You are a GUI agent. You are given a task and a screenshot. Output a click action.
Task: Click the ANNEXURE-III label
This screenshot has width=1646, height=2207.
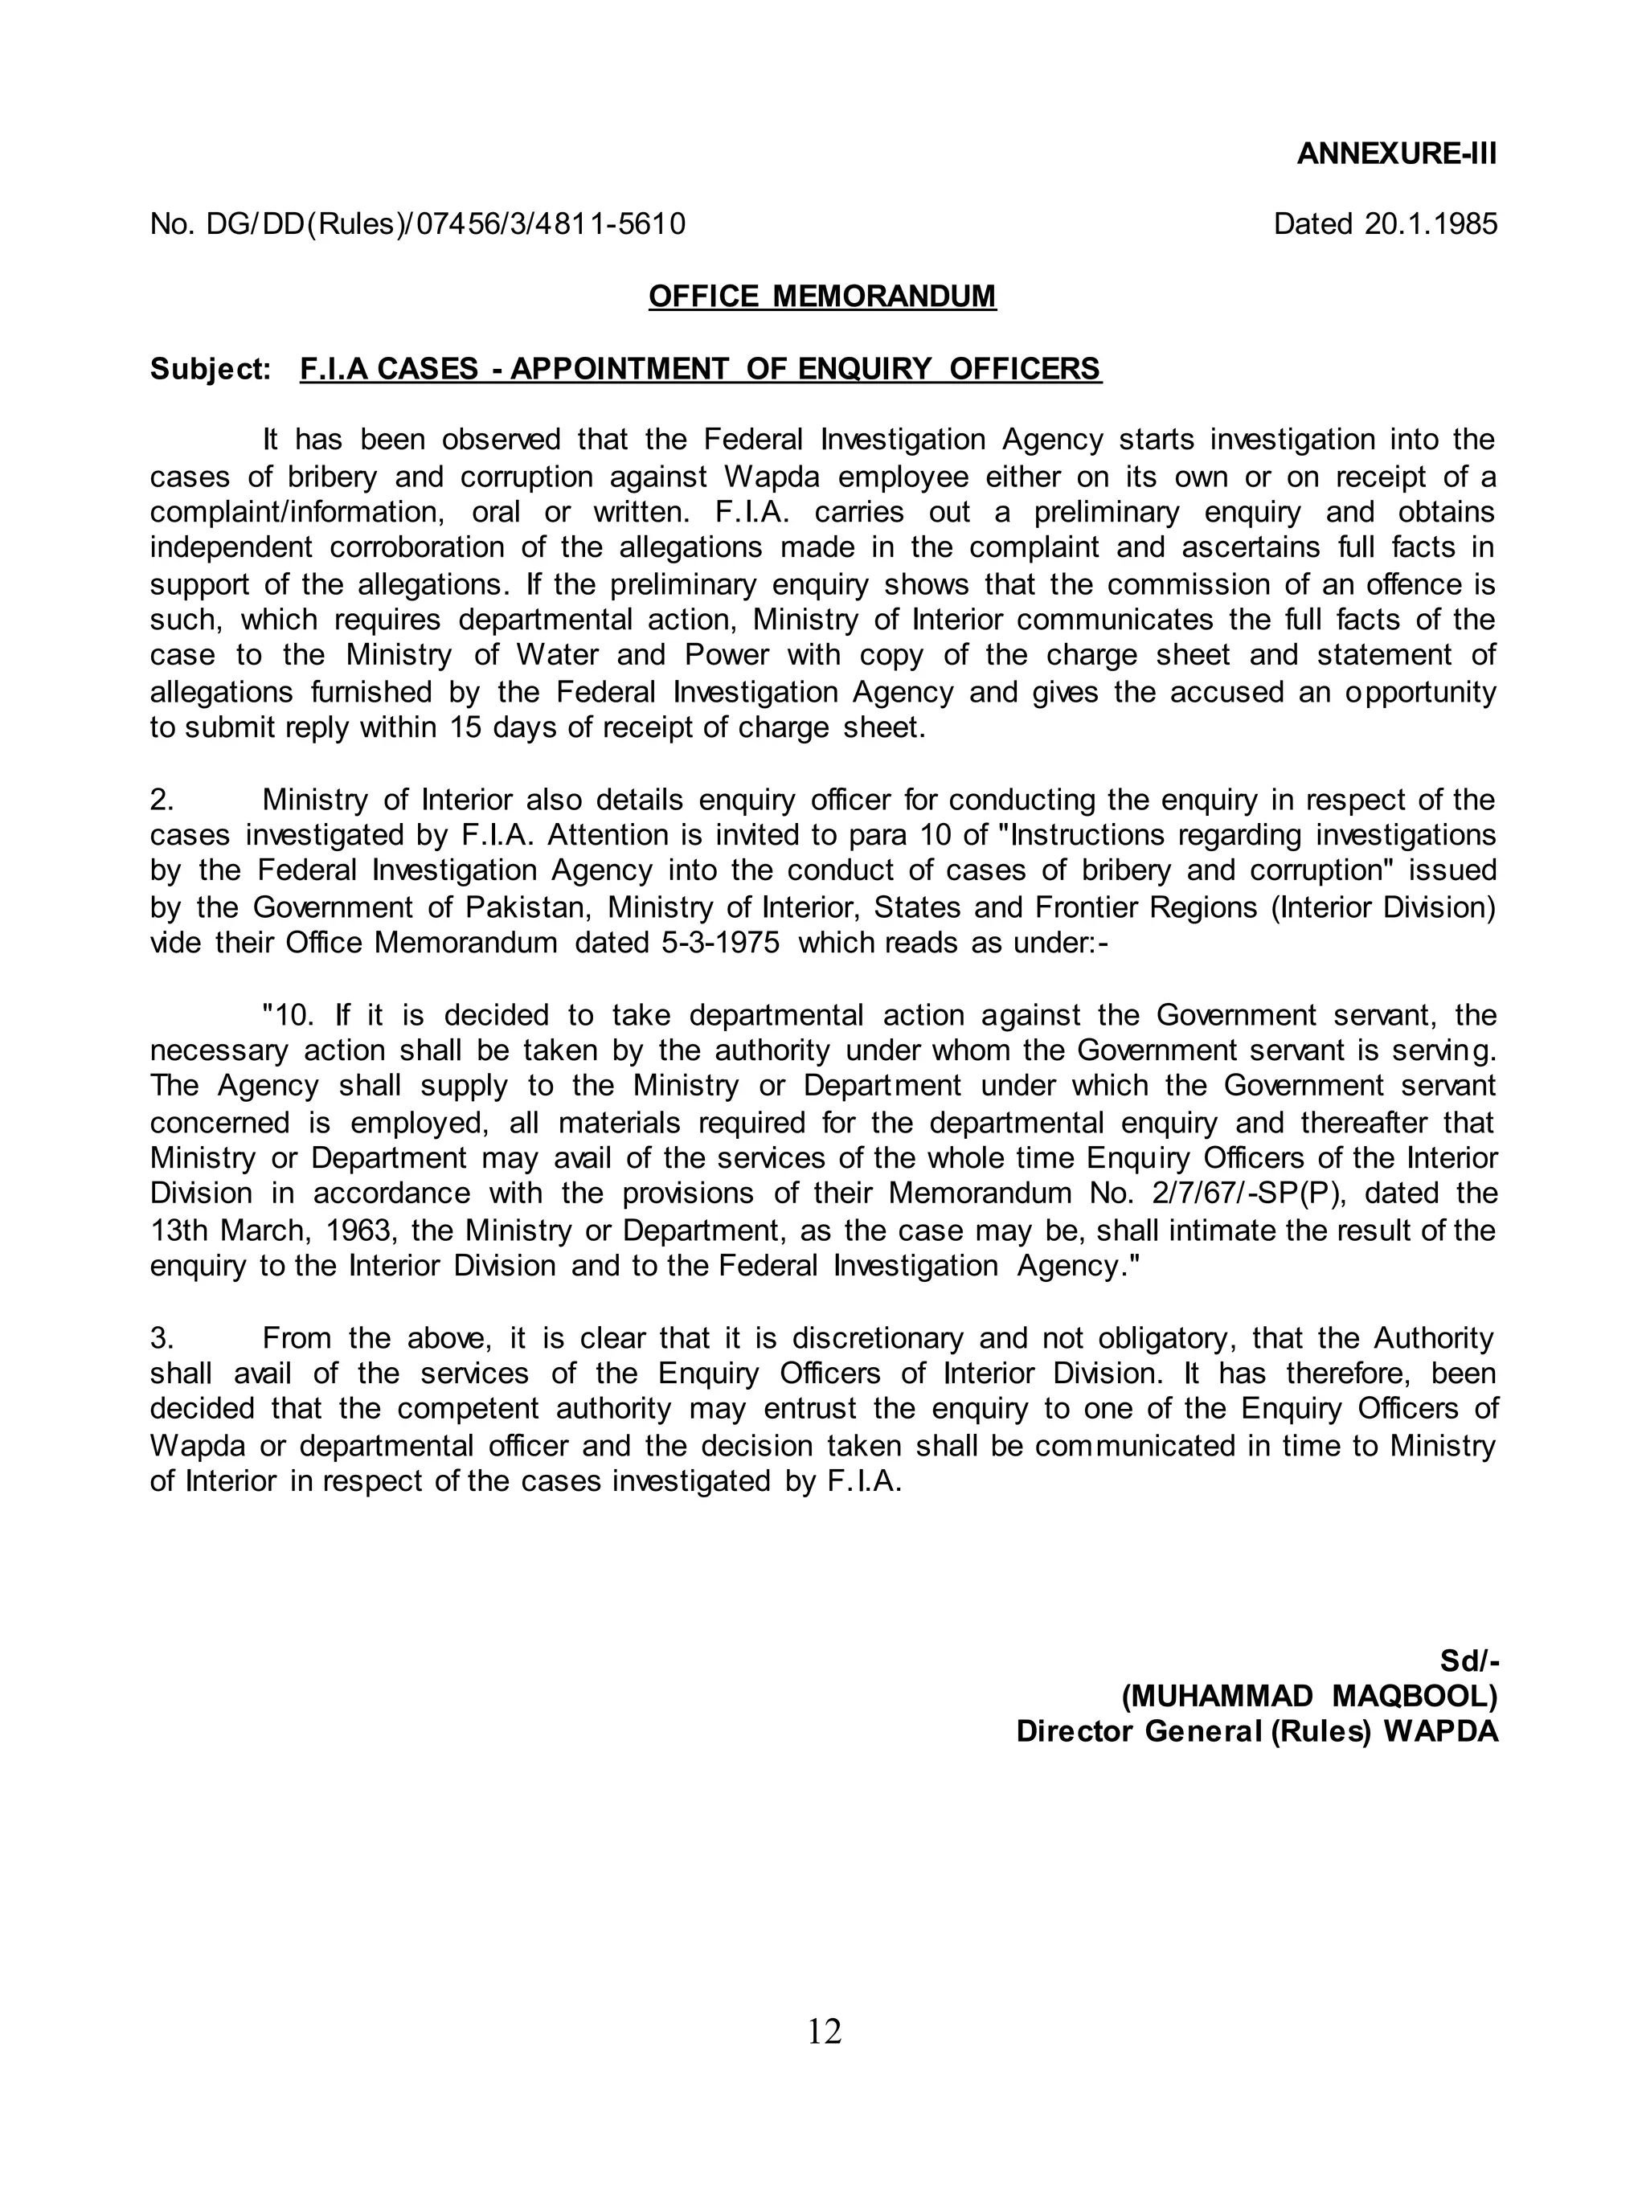coord(1396,154)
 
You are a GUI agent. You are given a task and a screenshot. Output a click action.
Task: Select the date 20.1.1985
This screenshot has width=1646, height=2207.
coord(1430,223)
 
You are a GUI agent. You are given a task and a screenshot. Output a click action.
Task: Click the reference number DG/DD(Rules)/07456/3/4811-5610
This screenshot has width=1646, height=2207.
coord(445,223)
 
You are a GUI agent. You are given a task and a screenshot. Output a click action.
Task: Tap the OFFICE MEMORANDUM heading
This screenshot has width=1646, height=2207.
coord(822,296)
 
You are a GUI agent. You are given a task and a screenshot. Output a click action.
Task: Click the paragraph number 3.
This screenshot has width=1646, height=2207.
coord(162,1337)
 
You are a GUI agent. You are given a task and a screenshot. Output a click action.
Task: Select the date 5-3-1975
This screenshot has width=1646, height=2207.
coord(720,943)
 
